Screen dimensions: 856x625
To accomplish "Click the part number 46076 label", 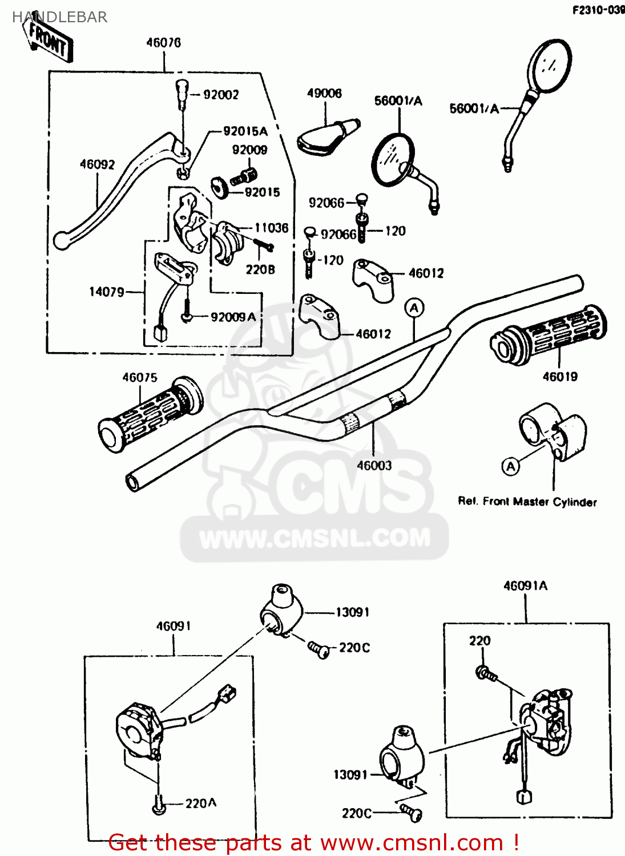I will (163, 43).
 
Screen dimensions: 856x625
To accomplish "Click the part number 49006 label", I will (324, 93).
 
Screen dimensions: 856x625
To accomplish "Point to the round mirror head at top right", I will (549, 66).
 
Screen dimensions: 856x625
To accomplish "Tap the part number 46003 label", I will (374, 466).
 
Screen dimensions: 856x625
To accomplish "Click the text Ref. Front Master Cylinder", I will (527, 502).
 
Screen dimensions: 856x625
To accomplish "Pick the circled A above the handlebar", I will (414, 308).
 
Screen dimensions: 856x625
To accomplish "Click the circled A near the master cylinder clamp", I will (511, 467).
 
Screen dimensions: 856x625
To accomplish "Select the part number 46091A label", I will (525, 586).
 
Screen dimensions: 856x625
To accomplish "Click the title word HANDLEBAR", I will (60, 17).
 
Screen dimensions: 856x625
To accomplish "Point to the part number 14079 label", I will (106, 292).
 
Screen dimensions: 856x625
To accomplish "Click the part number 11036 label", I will (271, 228).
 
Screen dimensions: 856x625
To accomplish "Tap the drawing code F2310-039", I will (598, 10).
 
